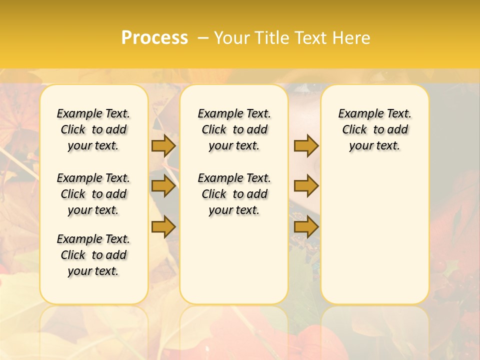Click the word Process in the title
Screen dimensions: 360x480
point(154,38)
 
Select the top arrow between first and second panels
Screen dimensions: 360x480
point(163,145)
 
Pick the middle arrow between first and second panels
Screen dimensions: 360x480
point(163,186)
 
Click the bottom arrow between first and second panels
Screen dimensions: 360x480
point(163,227)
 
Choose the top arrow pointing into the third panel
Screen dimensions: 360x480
point(306,145)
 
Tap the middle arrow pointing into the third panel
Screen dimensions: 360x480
point(306,186)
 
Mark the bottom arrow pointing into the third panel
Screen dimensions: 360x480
point(306,227)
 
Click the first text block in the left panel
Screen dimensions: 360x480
point(93,129)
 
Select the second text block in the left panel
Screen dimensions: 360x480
point(93,194)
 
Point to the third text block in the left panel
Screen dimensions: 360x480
point(93,255)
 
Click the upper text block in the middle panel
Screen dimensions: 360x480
point(234,129)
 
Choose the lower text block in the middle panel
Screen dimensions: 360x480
point(234,194)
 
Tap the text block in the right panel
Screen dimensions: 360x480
point(374,129)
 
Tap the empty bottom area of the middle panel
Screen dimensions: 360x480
point(234,265)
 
